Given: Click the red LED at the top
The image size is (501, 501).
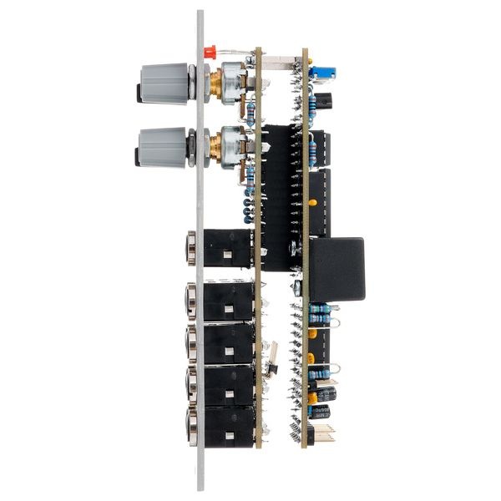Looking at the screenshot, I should coord(210,52).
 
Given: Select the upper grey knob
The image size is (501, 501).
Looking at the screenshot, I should coord(165,83).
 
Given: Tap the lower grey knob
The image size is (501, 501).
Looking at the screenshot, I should coord(165,147).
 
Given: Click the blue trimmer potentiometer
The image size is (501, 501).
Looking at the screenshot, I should coord(321,73).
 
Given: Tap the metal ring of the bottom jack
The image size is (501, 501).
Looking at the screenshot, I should coord(190,426).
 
